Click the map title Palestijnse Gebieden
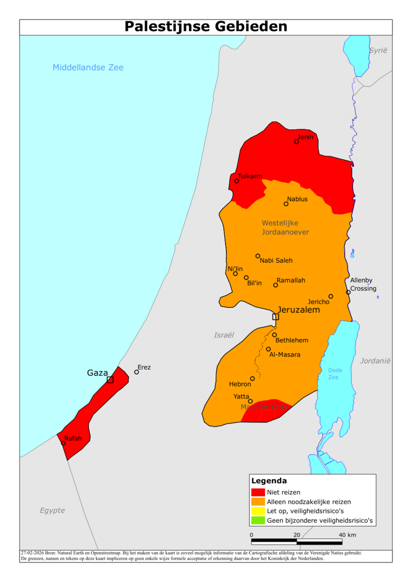pos(206,27)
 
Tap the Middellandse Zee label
pos(88,67)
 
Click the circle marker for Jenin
pos(297,142)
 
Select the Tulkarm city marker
pos(237,181)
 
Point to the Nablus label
pos(297,199)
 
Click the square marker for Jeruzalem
pos(275,317)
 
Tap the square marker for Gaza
pos(110,380)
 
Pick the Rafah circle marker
pos(63,443)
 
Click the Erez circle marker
pos(137,372)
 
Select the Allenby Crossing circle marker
pos(348,292)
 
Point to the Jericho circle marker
pos(331,296)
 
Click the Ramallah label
pos(291,281)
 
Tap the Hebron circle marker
pos(252,379)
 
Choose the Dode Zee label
pos(335,374)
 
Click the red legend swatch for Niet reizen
pos(258,492)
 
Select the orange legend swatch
pos(258,502)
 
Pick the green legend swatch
pos(258,521)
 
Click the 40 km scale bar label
pos(347,535)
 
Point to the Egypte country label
pos(52,510)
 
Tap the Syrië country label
pos(378,51)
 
